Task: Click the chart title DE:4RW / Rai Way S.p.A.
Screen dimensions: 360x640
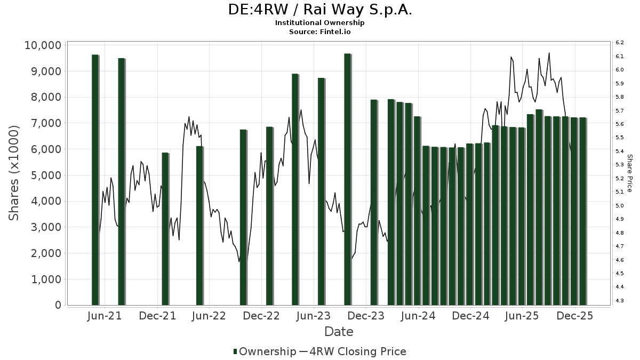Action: (x=319, y=10)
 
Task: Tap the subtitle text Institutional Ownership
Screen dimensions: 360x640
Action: (x=319, y=23)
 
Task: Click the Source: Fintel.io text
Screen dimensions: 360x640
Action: (x=319, y=31)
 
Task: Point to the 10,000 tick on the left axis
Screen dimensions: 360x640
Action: (x=43, y=45)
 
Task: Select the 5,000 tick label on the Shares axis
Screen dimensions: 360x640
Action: (x=46, y=175)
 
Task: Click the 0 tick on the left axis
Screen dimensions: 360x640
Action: (x=58, y=306)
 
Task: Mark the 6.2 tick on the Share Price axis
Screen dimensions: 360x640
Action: (x=620, y=42)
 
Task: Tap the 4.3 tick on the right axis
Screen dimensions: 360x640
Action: (x=620, y=301)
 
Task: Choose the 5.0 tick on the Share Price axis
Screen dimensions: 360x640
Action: (x=620, y=206)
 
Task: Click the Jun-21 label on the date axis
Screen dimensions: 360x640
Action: (x=104, y=316)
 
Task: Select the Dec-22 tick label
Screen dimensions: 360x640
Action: (x=261, y=316)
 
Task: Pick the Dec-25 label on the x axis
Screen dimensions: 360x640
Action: (x=575, y=316)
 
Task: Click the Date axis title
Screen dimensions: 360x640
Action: (x=339, y=332)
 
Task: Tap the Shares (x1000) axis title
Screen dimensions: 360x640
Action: (x=14, y=173)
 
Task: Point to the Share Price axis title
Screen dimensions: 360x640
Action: (x=630, y=173)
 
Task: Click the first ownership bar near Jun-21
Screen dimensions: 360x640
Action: (x=95, y=180)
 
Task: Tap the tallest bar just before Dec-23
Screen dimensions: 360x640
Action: (x=347, y=179)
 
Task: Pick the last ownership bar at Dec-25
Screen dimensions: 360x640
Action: (x=582, y=211)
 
